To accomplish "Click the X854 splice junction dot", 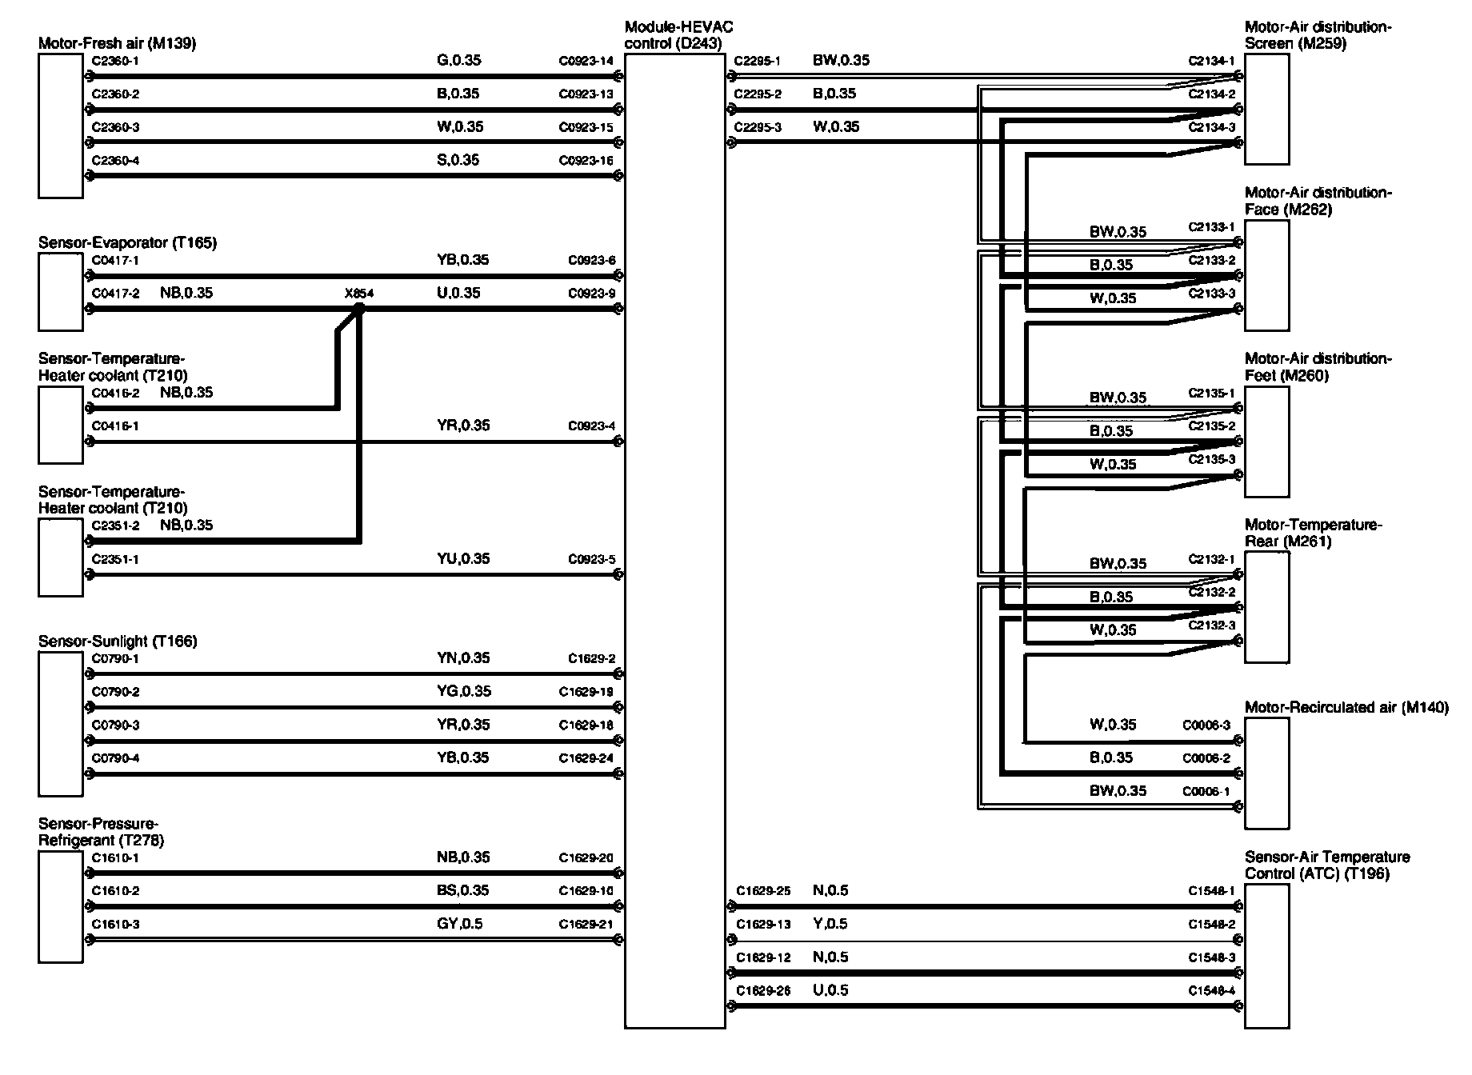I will pyautogui.click(x=359, y=308).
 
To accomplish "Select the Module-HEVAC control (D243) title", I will pyautogui.click(x=678, y=35).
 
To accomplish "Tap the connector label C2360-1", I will pyautogui.click(x=115, y=61).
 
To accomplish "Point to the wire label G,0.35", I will pyautogui.click(x=458, y=60).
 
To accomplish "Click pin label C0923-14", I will pyautogui.click(x=586, y=61).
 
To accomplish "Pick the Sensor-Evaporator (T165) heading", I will pyautogui.click(x=127, y=242).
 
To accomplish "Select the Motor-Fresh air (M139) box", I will pyautogui.click(x=60, y=126).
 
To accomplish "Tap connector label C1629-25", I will pyautogui.click(x=763, y=891).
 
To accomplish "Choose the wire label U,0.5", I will pyautogui.click(x=830, y=990).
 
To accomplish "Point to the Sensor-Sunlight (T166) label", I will pyautogui.click(x=118, y=641).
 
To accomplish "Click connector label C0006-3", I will pyautogui.click(x=1206, y=725).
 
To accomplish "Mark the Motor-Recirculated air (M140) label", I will pyautogui.click(x=1346, y=708).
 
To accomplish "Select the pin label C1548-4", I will pyautogui.click(x=1211, y=991).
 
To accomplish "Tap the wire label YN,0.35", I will pyautogui.click(x=458, y=657).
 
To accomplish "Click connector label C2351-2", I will pyautogui.click(x=115, y=526).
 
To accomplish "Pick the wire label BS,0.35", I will pyautogui.click(x=458, y=890).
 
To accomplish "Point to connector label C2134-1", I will pyautogui.click(x=1211, y=61).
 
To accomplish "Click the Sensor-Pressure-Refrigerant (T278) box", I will pyautogui.click(x=60, y=907).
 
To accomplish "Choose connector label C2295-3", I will pyautogui.click(x=758, y=127).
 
